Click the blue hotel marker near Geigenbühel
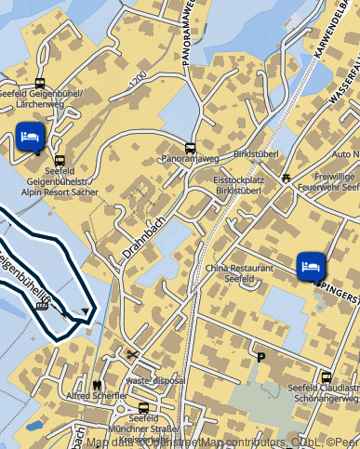coord(30,137)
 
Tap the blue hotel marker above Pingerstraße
coord(311,265)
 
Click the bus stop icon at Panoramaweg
coord(191,148)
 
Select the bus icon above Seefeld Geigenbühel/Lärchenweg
coord(40,82)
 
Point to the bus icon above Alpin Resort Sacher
coord(60,160)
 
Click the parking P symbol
coord(260,355)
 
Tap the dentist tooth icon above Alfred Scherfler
coord(97,383)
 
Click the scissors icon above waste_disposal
coord(134,354)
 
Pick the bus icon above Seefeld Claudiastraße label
coord(327,376)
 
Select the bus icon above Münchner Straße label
coord(143,407)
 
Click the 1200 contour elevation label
coord(140,81)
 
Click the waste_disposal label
coord(155,380)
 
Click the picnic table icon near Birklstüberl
coord(287,175)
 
